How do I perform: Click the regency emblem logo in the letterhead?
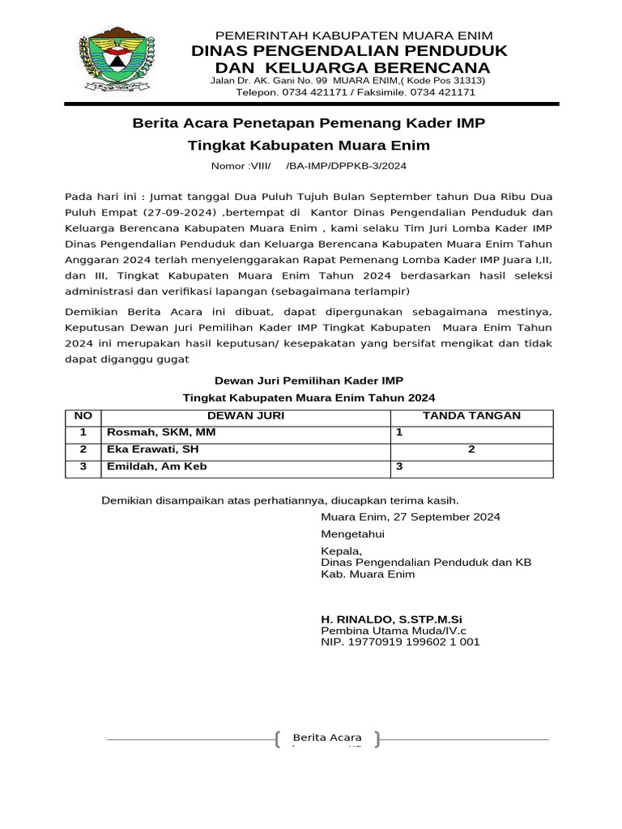point(117,62)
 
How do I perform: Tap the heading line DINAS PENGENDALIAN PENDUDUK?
point(349,51)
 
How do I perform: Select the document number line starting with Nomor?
point(309,166)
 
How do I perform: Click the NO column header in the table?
point(83,416)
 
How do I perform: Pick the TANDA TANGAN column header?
point(472,416)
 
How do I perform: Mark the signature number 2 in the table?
point(471,450)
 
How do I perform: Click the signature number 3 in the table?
point(398,467)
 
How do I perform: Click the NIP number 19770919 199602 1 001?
point(401,642)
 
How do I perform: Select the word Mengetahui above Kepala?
point(353,535)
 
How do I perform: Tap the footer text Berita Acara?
point(327,738)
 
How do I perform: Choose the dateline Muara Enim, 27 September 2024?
point(411,517)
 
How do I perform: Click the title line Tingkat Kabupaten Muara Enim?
point(309,146)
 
